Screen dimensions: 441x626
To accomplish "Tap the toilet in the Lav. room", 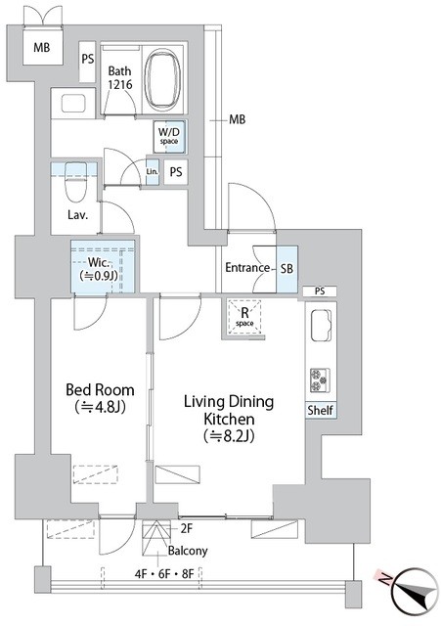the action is tap(76, 182).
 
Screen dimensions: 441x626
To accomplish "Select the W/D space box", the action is tap(169, 137).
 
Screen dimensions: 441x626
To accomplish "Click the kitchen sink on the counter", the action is tap(321, 324).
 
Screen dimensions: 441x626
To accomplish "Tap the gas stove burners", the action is tap(320, 380).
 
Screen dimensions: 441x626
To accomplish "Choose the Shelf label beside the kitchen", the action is tap(320, 410).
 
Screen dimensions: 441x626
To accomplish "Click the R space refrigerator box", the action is tap(244, 317).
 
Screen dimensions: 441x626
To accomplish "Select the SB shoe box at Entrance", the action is tap(287, 269).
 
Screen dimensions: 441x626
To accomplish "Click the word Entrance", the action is tap(247, 267).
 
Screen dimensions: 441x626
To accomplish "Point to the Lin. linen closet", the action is tap(153, 172).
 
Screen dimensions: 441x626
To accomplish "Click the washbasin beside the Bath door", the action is tap(73, 104).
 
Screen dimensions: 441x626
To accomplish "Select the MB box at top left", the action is tap(42, 48).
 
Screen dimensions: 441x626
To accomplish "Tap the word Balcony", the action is tap(188, 551).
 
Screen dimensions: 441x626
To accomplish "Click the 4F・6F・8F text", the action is tap(164, 574).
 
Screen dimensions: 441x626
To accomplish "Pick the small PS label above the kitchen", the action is tap(320, 291).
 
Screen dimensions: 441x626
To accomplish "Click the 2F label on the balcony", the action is tap(187, 529).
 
